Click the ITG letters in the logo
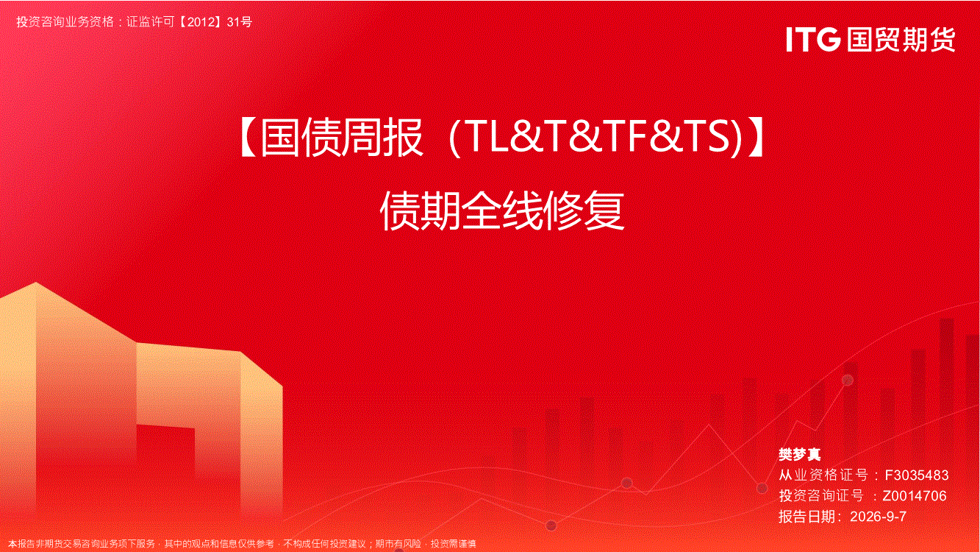813,39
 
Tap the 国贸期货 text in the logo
901,40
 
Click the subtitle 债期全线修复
502,211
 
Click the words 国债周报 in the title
342,138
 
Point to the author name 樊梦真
799,454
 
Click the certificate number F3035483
917,475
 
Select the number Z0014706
915,495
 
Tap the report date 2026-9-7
878,517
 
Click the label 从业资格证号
823,475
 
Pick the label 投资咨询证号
821,495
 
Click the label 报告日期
807,517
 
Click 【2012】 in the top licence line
201,21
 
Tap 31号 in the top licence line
240,21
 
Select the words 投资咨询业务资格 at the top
65,21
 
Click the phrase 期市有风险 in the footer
398,544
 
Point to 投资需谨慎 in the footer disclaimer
454,544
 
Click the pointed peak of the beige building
36,283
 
